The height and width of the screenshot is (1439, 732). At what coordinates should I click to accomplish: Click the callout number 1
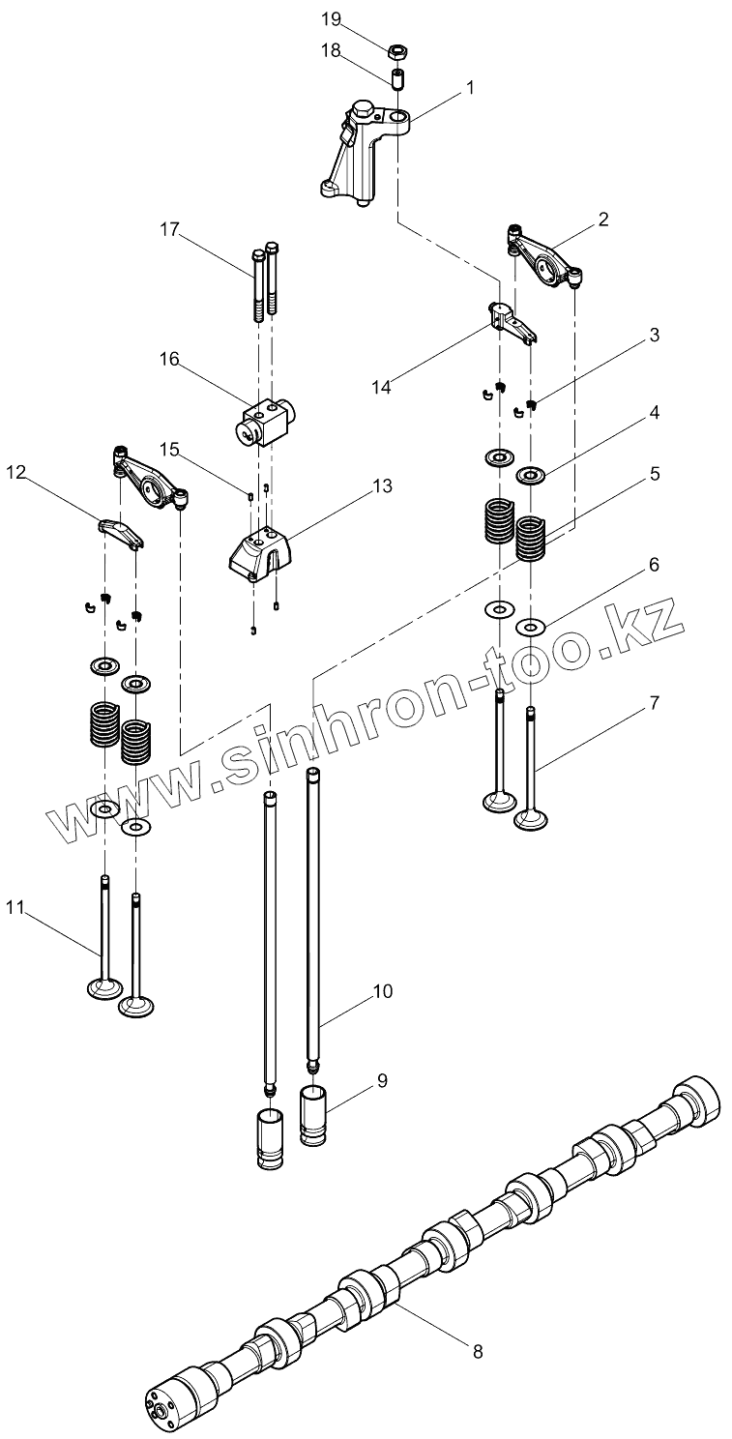pos(470,88)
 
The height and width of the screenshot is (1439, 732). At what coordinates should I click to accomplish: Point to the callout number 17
pos(170,229)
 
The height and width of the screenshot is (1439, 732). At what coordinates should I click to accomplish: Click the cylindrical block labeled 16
pos(260,421)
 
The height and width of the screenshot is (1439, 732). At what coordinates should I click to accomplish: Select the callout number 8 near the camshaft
pos(477,1351)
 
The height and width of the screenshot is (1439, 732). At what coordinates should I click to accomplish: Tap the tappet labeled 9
pos(316,1114)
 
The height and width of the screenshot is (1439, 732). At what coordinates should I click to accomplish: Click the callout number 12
pos(17,472)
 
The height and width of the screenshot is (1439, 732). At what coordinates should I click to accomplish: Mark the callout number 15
pos(170,449)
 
